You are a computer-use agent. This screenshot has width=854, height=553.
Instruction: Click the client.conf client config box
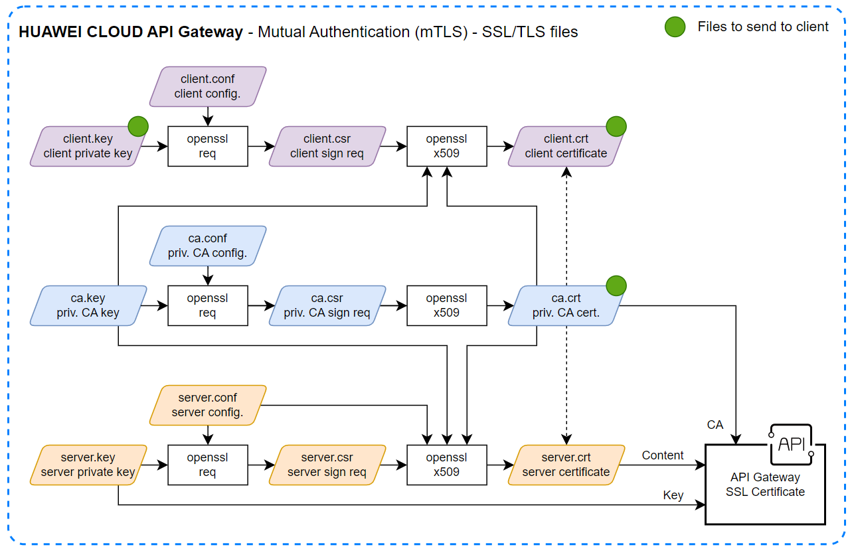(207, 86)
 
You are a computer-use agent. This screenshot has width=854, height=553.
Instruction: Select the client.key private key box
(88, 146)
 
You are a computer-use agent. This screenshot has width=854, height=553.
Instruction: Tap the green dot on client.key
(137, 126)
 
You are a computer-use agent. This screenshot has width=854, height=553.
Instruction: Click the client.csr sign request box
(327, 146)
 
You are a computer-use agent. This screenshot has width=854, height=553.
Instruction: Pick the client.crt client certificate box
(566, 146)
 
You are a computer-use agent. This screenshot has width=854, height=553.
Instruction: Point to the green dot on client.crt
(616, 126)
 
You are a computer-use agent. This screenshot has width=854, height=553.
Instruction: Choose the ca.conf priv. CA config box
(207, 246)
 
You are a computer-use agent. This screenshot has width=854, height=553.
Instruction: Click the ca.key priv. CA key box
(88, 305)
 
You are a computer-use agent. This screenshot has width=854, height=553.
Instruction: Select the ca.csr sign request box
(327, 305)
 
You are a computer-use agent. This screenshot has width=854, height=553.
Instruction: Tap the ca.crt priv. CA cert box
(566, 305)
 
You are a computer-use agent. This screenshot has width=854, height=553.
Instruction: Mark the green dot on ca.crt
(616, 285)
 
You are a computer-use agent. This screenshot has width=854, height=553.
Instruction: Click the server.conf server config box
(207, 405)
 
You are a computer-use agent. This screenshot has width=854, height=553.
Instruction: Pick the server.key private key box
(88, 465)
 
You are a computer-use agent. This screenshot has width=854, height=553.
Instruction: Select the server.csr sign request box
(327, 465)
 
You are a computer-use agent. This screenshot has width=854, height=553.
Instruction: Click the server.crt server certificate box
(566, 465)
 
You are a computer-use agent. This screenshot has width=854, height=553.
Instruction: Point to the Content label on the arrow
(662, 455)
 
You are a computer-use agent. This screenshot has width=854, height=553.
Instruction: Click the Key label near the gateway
(673, 495)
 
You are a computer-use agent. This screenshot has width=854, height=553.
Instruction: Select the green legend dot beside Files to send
(675, 27)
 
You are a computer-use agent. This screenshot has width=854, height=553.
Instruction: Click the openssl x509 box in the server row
(446, 465)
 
